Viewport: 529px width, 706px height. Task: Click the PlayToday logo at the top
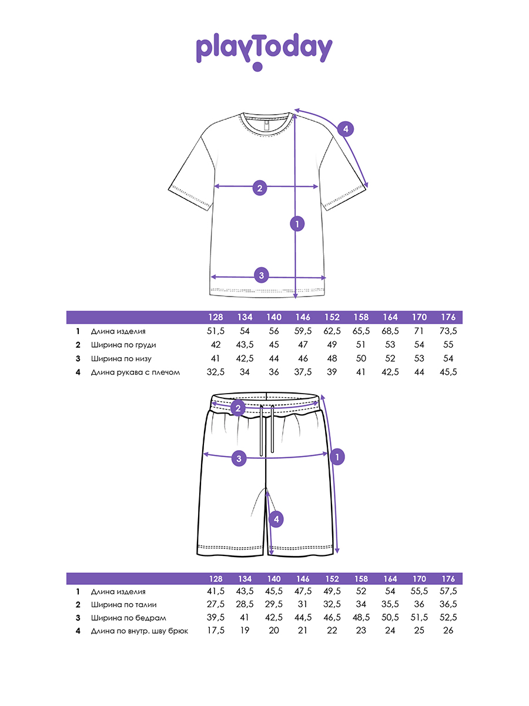point(264,51)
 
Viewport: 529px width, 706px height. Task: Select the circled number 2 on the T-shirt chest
point(260,188)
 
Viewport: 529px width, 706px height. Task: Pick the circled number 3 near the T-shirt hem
point(262,275)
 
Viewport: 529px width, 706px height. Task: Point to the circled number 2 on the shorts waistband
point(238,408)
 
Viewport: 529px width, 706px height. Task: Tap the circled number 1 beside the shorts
point(337,456)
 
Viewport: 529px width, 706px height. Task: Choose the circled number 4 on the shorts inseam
point(276,519)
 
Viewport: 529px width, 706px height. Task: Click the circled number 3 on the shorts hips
point(238,459)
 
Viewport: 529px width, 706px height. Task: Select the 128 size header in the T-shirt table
point(216,317)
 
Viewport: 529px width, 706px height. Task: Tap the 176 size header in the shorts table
point(448,579)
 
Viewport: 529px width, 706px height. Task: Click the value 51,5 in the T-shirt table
point(216,332)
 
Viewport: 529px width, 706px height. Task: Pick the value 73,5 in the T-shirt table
point(448,332)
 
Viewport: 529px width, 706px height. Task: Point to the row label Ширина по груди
point(123,345)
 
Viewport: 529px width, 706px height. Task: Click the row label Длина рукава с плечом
point(135,372)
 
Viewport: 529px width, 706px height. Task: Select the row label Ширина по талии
point(123,605)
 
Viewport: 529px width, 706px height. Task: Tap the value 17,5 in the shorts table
point(216,631)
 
